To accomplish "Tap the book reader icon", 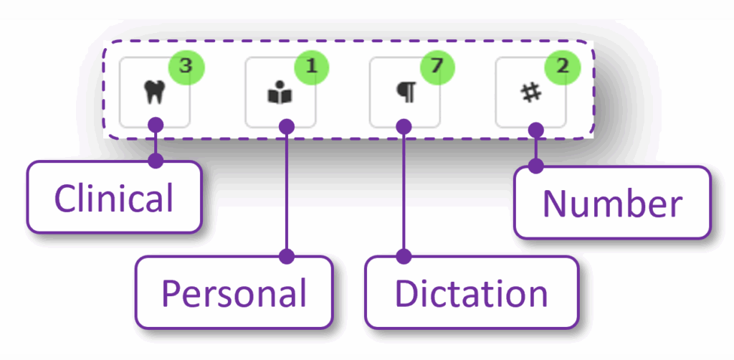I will coord(280,94).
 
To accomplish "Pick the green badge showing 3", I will coord(186,67).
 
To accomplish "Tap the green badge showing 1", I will coord(310,67).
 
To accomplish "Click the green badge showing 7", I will coord(437,67).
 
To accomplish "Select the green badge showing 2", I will coord(563,67).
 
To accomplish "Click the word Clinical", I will coord(114,198).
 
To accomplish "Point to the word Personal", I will coord(234,293).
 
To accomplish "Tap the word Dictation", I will coord(471,293).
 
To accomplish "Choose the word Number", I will coord(611,204).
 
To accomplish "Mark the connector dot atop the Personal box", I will coord(287,256).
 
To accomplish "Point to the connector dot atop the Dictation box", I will coord(404,256).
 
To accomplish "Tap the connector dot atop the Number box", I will coord(535,166).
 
